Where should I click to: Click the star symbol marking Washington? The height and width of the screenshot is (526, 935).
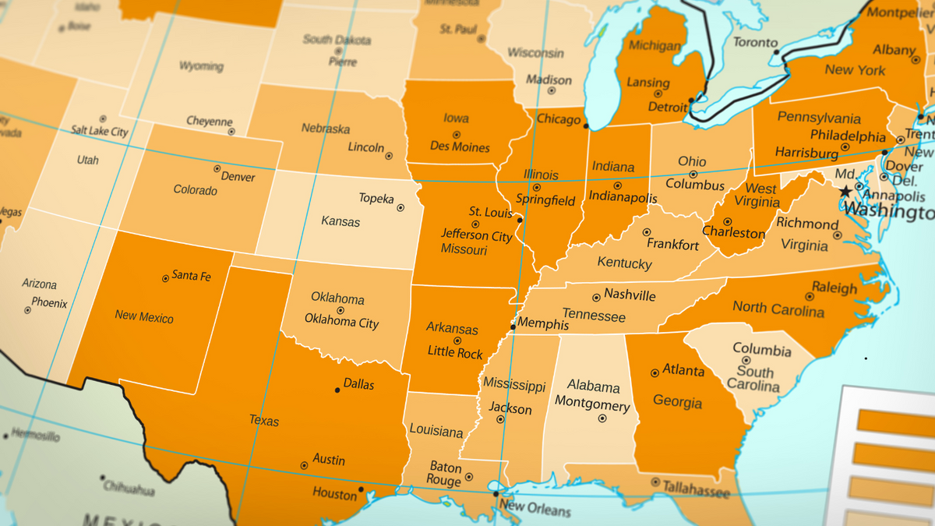point(845,192)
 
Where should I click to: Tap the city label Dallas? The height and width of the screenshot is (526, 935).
point(358,385)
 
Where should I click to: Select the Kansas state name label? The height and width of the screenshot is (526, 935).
point(340,221)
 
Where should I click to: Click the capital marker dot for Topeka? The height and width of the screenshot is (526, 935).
point(400,208)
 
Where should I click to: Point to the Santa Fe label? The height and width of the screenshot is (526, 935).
point(191,275)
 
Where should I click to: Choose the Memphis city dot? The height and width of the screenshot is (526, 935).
point(512,327)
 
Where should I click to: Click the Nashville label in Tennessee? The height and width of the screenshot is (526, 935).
point(630,295)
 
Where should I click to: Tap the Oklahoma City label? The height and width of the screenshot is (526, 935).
point(341,322)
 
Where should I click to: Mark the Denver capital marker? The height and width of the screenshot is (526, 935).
point(217,168)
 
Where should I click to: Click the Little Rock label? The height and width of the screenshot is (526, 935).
point(455,353)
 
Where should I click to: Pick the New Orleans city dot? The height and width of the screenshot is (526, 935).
point(496,493)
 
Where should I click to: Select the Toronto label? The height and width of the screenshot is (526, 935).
point(755,43)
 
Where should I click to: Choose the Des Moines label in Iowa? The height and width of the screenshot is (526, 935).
point(460,147)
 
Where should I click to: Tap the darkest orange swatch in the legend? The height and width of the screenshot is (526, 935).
point(896,421)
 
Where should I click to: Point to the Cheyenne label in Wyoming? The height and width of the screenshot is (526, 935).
point(209,122)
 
